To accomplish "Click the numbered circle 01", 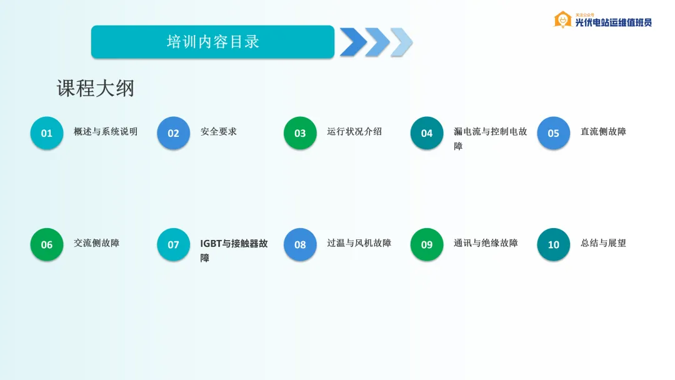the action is pyautogui.click(x=46, y=133).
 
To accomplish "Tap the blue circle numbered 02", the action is pyautogui.click(x=173, y=133).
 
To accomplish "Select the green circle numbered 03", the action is pyautogui.click(x=300, y=133).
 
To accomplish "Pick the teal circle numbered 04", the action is pyautogui.click(x=427, y=133).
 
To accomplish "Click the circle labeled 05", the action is pyautogui.click(x=553, y=133).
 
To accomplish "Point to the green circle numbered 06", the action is pyautogui.click(x=46, y=244).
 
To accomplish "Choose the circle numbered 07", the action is pyautogui.click(x=173, y=244).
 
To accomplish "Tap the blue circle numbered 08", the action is pyautogui.click(x=300, y=244).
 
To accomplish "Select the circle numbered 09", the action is pyautogui.click(x=427, y=244).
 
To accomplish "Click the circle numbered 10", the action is pyautogui.click(x=553, y=244).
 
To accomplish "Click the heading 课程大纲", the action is pyautogui.click(x=96, y=88).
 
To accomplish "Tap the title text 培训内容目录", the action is pyautogui.click(x=213, y=42).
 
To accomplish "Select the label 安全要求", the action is pyautogui.click(x=219, y=131).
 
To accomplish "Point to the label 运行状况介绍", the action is pyautogui.click(x=354, y=131).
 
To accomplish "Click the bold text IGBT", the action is pyautogui.click(x=211, y=244).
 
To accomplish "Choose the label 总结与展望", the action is pyautogui.click(x=603, y=242).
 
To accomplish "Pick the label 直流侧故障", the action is pyautogui.click(x=603, y=131).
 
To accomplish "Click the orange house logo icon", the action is pyautogui.click(x=562, y=20).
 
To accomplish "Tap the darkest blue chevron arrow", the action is pyautogui.click(x=353, y=42).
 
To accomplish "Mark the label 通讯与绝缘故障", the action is pyautogui.click(x=486, y=242).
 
